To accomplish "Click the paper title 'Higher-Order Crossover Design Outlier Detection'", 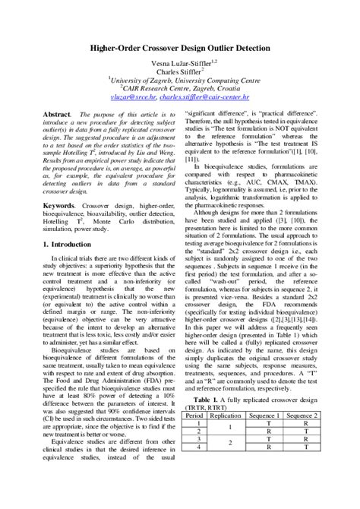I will pos(179,47).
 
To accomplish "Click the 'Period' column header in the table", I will pos(194,416).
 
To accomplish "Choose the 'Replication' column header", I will pos(226,416).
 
